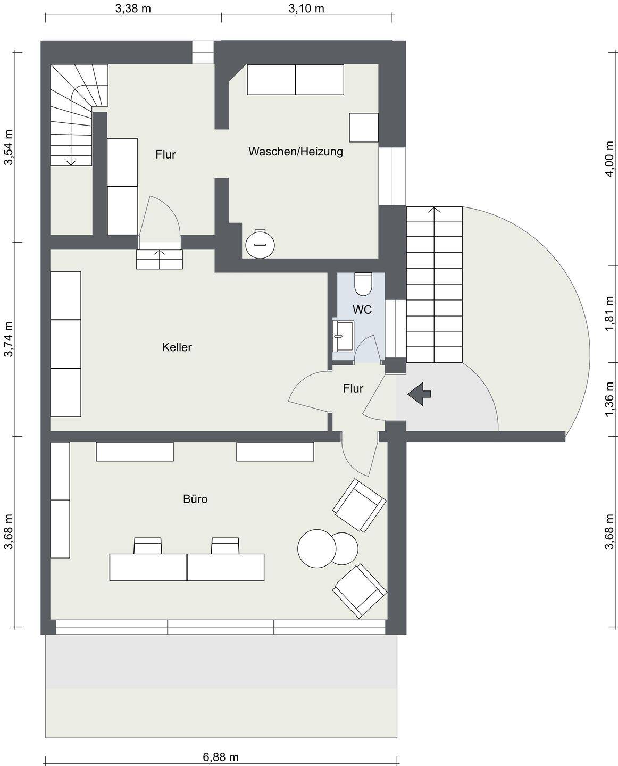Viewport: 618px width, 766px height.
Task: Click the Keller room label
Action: pyautogui.click(x=177, y=347)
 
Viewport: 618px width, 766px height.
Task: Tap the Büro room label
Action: pyautogui.click(x=195, y=499)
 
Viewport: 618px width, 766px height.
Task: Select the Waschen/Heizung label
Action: pyautogui.click(x=296, y=152)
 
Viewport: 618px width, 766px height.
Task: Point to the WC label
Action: pyautogui.click(x=362, y=310)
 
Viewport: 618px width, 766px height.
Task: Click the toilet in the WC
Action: pyautogui.click(x=363, y=284)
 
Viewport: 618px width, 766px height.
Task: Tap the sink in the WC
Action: pyautogui.click(x=343, y=336)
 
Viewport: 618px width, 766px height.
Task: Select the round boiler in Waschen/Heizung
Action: pyautogui.click(x=260, y=244)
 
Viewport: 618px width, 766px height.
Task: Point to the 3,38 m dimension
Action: pyautogui.click(x=133, y=9)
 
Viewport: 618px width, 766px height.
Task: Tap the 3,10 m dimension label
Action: pyautogui.click(x=306, y=9)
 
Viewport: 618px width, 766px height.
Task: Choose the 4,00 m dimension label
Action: pyautogui.click(x=609, y=159)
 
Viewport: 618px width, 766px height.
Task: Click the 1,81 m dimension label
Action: pyautogui.click(x=609, y=313)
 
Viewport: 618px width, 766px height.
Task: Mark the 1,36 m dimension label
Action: pyautogui.click(x=609, y=398)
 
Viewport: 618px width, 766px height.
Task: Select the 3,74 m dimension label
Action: pyautogui.click(x=8, y=339)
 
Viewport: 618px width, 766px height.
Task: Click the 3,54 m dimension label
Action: pyautogui.click(x=8, y=147)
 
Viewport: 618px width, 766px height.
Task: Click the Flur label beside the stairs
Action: pyautogui.click(x=165, y=154)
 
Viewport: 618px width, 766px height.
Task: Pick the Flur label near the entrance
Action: pyautogui.click(x=353, y=388)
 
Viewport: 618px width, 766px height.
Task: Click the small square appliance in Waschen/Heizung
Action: pyautogui.click(x=363, y=128)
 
